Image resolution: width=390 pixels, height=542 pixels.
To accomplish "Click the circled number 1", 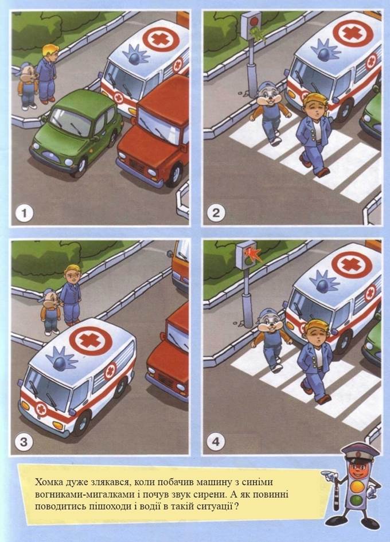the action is [24, 213].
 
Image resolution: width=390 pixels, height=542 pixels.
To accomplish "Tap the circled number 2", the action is [216, 213].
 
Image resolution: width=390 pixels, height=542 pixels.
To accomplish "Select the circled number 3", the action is [24, 442].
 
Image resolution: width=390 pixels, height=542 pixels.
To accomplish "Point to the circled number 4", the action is [216, 442].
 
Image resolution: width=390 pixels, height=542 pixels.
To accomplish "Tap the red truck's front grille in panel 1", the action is [137, 166].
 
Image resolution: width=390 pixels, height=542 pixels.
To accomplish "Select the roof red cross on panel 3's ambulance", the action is [91, 341].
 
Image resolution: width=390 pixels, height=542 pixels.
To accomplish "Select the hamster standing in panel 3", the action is [50, 313].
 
